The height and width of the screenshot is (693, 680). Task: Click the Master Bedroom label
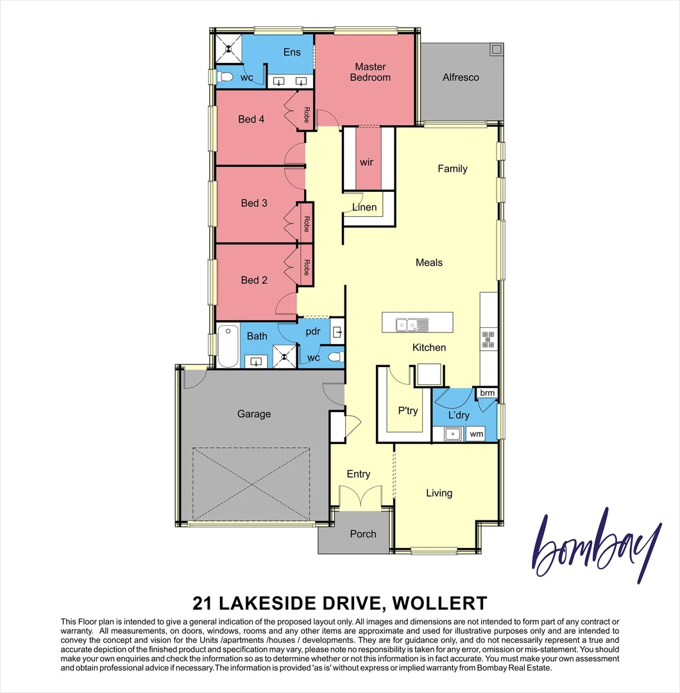coord(370,72)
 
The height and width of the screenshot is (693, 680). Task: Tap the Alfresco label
coord(461,77)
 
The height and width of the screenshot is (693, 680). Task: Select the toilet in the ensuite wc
coord(225,78)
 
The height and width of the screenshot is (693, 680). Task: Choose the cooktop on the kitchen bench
coord(488,339)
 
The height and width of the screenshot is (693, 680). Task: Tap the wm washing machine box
coord(476,434)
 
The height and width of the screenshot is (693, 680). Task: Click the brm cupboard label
coord(487,393)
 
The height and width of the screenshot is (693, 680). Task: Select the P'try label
coord(408,411)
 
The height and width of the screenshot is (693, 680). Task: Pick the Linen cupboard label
coord(364,207)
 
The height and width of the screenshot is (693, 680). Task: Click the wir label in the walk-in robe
coord(366,162)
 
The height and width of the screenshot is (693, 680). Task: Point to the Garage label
coord(254,414)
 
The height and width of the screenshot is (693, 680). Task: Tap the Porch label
coord(363,533)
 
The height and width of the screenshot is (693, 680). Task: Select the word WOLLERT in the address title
coord(439,603)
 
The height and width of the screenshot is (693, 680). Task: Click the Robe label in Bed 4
coord(307,116)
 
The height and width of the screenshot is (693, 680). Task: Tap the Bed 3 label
coord(254,203)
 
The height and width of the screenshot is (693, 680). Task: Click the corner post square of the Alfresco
coord(497,48)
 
